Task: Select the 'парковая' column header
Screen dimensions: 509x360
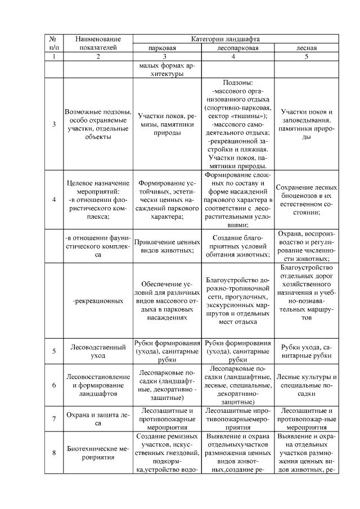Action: pos(166,48)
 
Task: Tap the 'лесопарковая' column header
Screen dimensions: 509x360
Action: pos(237,48)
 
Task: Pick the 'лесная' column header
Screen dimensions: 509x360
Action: pos(307,48)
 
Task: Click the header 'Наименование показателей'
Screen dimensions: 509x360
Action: pos(98,43)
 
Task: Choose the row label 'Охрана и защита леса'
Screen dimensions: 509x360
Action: pos(98,418)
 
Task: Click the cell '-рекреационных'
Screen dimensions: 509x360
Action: pos(98,300)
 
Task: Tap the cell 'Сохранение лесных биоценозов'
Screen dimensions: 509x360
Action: pos(307,200)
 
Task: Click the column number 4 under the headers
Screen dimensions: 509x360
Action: pos(237,57)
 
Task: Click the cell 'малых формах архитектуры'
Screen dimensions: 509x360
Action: pos(166,70)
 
